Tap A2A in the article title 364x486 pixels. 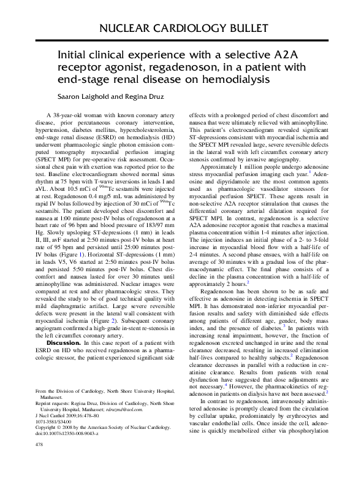pos(273,54)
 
